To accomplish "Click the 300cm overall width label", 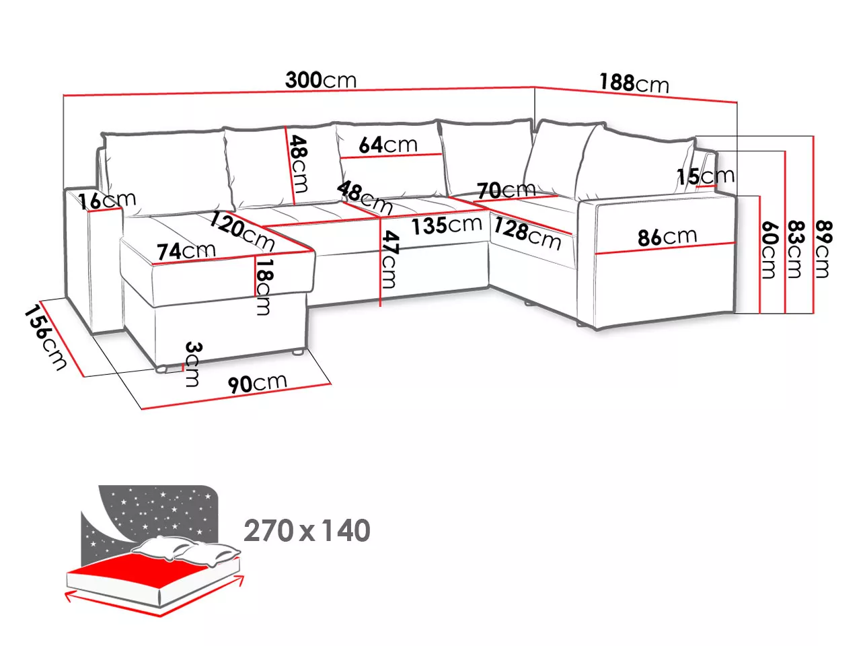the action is coord(321,80).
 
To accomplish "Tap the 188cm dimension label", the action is coord(634,83).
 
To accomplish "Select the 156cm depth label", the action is coord(46,338).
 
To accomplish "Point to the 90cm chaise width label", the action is coord(258,383).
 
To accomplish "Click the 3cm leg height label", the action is coord(192,364).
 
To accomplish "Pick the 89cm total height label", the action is coord(823,249).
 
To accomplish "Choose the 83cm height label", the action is coord(796,250).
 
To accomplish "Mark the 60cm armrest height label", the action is coord(769,250).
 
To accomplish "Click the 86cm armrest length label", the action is coord(667,237).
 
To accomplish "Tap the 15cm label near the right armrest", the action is coord(706,176).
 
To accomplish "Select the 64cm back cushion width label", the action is coord(388,145).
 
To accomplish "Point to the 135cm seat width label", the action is coord(447,225).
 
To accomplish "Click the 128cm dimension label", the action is coord(527,234).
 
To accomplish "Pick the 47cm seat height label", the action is coord(389,259).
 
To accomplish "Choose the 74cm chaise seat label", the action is coord(186,251).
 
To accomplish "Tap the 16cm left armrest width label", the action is coord(107,201).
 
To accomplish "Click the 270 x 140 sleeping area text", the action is coord(307,530).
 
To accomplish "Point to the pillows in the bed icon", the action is coord(186,550).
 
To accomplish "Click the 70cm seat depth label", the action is coord(507,190).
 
